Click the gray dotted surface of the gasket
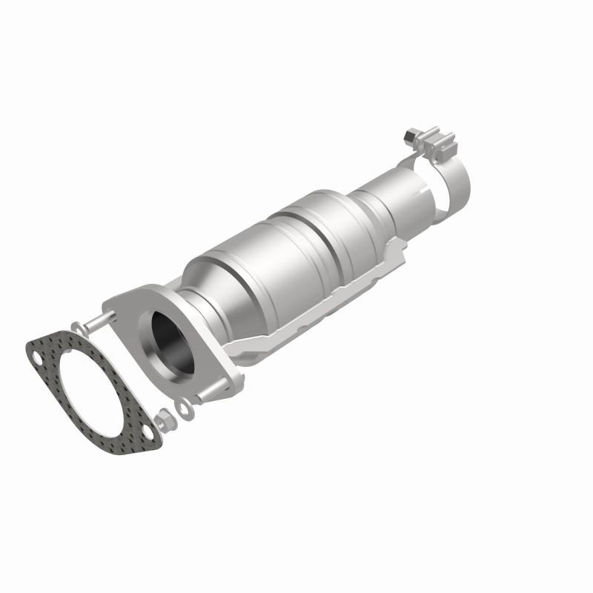pyautogui.click(x=56, y=401)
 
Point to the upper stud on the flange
pyautogui.click(x=100, y=322)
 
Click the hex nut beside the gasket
pyautogui.click(x=168, y=420)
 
